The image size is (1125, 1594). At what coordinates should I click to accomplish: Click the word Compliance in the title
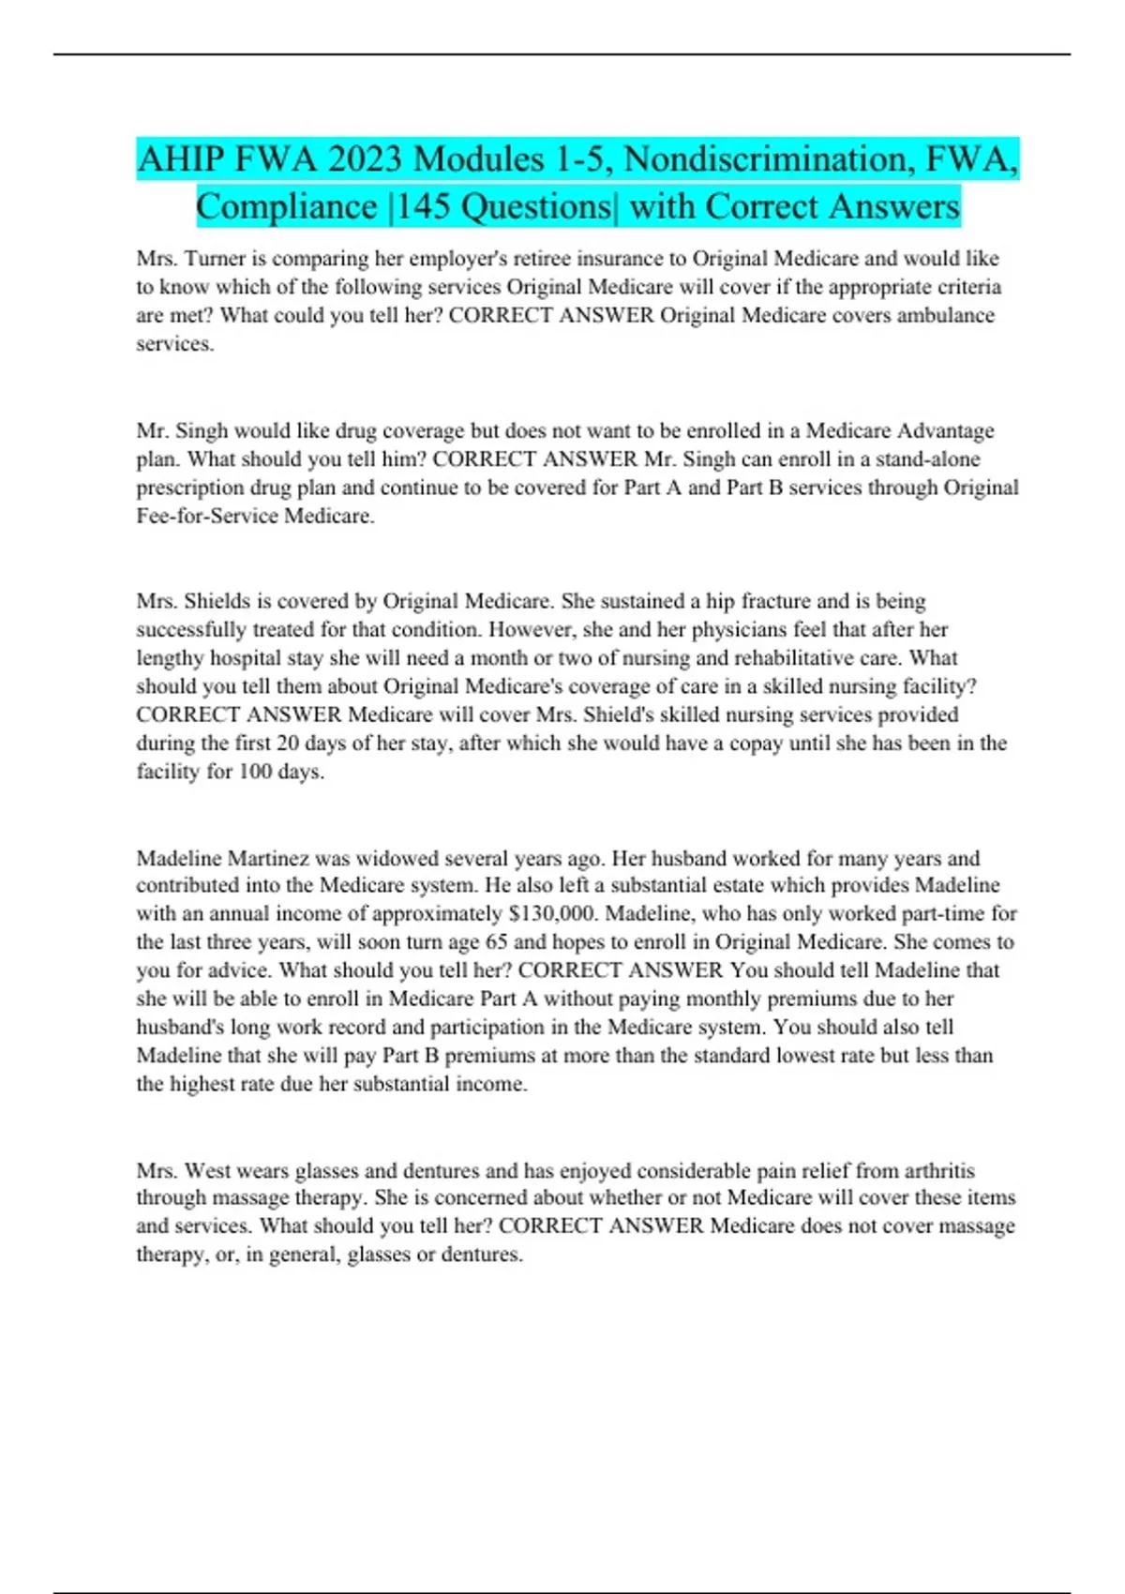[x=286, y=207]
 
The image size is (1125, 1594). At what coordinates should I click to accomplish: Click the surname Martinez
[x=268, y=858]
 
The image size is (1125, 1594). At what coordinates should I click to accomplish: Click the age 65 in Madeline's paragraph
[x=496, y=942]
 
